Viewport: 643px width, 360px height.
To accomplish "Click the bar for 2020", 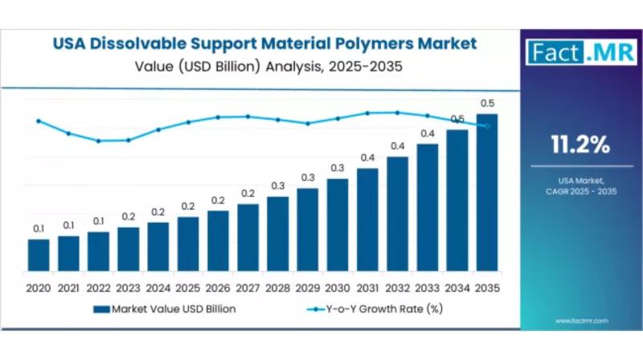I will click(x=39, y=254).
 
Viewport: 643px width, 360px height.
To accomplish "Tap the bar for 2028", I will click(x=277, y=233).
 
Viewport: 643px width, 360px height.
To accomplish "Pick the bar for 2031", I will click(x=367, y=219).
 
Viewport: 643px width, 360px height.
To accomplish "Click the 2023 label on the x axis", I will click(x=128, y=287).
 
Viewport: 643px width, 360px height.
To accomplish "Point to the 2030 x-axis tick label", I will click(x=338, y=287).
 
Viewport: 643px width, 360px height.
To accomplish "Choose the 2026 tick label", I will click(x=218, y=287).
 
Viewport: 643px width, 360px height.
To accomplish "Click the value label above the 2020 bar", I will click(x=39, y=230).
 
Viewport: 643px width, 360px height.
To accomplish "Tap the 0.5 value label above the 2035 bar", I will click(x=486, y=104).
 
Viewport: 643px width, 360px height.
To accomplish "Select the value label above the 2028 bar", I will click(x=277, y=186).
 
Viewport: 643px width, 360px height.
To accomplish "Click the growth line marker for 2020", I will click(x=39, y=121).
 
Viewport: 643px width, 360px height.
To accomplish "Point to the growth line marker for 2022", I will click(x=98, y=141).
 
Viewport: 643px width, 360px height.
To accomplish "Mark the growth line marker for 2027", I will click(x=248, y=117).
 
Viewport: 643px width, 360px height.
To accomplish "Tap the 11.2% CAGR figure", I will click(x=580, y=145).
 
